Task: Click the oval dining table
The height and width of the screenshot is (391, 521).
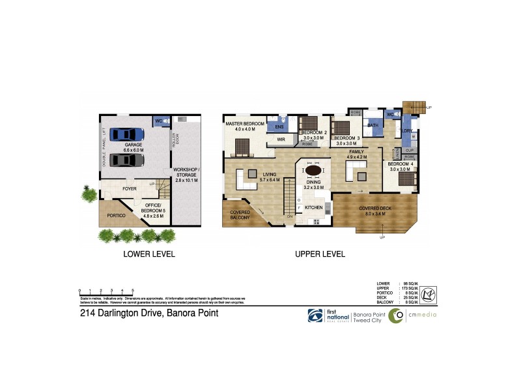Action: click(313, 171)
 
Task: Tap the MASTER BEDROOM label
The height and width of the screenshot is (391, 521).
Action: click(244, 126)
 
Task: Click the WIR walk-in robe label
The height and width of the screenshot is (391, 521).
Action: click(281, 139)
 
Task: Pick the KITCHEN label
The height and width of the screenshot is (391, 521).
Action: click(314, 208)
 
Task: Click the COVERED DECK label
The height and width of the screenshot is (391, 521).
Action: click(374, 209)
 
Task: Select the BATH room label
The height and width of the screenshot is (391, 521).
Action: click(373, 125)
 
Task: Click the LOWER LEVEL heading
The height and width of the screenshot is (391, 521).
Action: click(149, 255)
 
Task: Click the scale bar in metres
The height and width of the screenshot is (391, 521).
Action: click(106, 291)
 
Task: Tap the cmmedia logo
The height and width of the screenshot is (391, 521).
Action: click(412, 316)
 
